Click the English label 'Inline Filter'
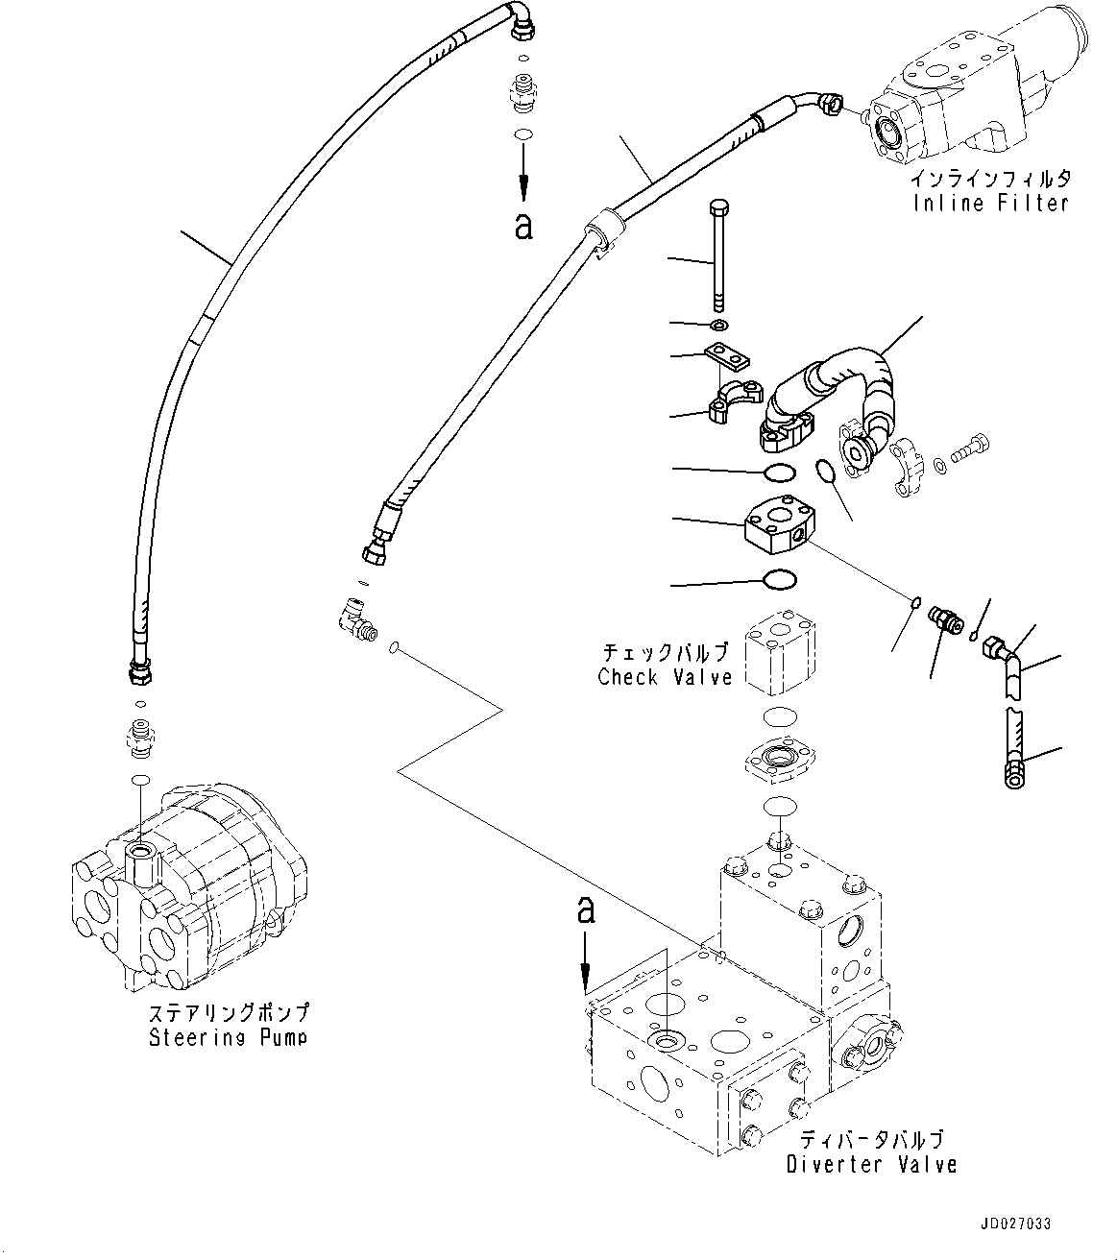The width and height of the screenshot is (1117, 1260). [x=991, y=204]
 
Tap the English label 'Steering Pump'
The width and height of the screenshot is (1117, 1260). [x=229, y=1037]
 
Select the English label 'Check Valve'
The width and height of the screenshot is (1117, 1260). [x=665, y=677]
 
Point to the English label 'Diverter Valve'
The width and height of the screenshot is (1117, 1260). [x=871, y=1165]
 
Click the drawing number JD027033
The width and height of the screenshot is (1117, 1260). [x=1016, y=1224]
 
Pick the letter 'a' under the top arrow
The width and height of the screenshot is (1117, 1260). [x=523, y=227]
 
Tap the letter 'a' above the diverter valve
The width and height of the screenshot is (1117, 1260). [x=586, y=911]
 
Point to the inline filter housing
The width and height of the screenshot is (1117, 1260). [x=970, y=96]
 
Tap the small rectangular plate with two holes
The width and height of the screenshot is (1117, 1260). [x=727, y=357]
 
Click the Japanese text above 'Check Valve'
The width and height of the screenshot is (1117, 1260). [x=666, y=652]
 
